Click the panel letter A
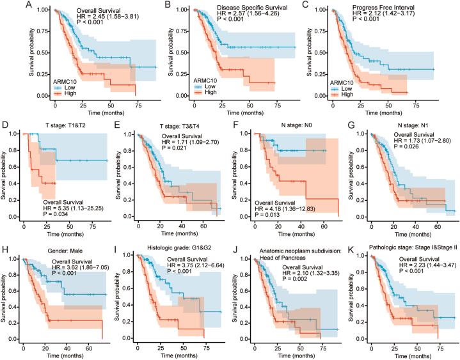click(29, 6)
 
